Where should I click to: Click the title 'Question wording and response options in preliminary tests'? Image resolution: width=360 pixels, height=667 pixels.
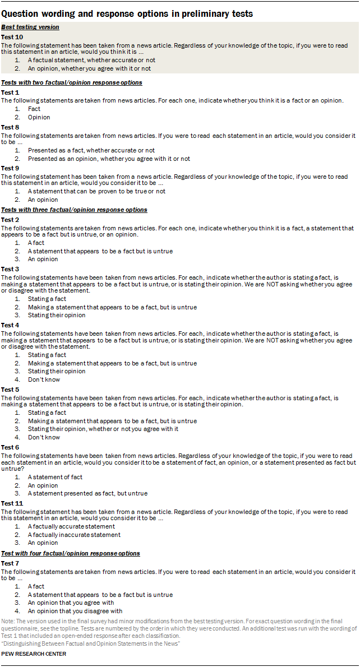pyautogui.click(x=127, y=13)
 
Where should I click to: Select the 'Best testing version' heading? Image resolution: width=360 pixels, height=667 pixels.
pyautogui.click(x=30, y=27)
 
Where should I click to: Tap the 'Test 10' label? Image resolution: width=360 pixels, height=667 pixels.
pyautogui.click(x=12, y=36)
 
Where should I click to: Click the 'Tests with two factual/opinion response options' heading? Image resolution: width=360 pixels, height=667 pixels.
pyautogui.click(x=71, y=82)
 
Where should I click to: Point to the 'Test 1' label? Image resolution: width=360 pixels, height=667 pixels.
pyautogui.click(x=10, y=92)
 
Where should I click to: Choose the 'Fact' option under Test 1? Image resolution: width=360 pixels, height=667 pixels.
pyautogui.click(x=34, y=109)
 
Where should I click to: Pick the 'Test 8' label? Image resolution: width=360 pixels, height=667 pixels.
pyautogui.click(x=10, y=127)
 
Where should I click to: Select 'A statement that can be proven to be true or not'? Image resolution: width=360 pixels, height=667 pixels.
pyautogui.click(x=96, y=191)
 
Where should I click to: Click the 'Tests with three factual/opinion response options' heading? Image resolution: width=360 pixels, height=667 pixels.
pyautogui.click(x=74, y=210)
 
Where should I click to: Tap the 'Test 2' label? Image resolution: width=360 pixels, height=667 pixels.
pyautogui.click(x=10, y=220)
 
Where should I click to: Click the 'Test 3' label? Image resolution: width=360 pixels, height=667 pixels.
pyautogui.click(x=10, y=269)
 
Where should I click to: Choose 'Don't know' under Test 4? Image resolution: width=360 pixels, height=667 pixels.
pyautogui.click(x=43, y=379)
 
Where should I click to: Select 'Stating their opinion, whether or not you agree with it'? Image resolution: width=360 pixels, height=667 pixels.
pyautogui.click(x=103, y=429)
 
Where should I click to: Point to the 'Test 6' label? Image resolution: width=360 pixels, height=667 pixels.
pyautogui.click(x=10, y=447)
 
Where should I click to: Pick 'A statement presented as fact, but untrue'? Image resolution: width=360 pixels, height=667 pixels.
pyautogui.click(x=87, y=493)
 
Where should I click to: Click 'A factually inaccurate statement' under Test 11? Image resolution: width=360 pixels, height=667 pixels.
pyautogui.click(x=74, y=535)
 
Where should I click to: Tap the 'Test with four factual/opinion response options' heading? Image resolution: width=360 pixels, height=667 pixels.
pyautogui.click(x=70, y=553)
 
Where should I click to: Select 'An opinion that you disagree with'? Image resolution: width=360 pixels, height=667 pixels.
pyautogui.click(x=75, y=611)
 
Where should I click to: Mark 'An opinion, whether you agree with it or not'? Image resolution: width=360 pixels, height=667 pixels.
pyautogui.click(x=89, y=68)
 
